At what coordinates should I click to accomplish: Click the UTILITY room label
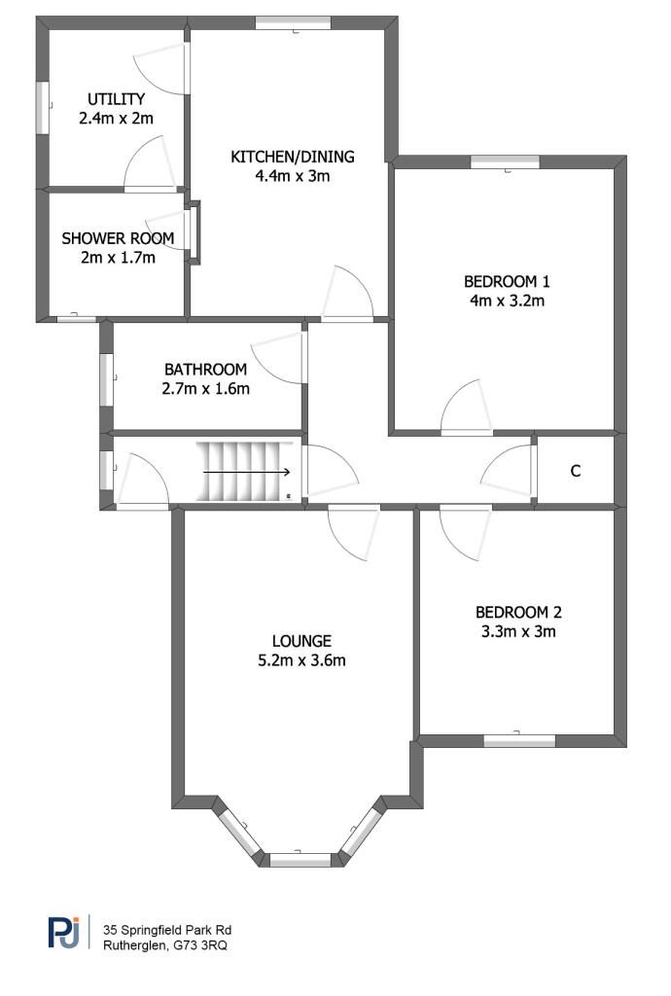[116, 99]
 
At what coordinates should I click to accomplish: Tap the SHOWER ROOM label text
[118, 238]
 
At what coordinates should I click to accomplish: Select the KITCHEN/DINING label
[293, 157]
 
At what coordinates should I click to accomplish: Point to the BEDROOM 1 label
[507, 282]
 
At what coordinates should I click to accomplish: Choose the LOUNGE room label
[301, 641]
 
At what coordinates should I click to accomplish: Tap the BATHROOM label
[205, 370]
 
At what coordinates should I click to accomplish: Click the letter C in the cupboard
[576, 471]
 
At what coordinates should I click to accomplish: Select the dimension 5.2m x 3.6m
[301, 661]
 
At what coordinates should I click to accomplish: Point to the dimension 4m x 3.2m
[507, 302]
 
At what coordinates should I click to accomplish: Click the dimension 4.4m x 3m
[293, 176]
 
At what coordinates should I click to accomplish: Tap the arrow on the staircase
[248, 472]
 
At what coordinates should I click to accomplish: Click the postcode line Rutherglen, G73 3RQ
[165, 944]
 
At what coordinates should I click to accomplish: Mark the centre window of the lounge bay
[300, 859]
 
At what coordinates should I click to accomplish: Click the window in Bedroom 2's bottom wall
[519, 740]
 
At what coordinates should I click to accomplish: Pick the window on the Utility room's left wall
[42, 107]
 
